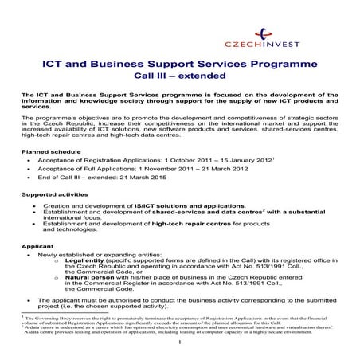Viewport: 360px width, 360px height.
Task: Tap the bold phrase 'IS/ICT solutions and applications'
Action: pos(182,205)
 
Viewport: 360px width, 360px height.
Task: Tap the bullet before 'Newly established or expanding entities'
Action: pos(29,254)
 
